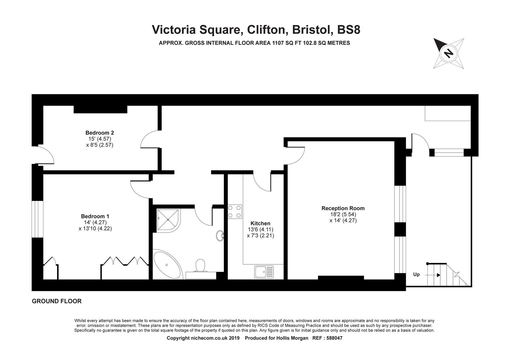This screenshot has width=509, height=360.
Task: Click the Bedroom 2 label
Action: coord(100,133)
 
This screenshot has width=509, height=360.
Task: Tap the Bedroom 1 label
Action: coord(95,216)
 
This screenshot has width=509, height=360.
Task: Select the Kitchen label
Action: coord(260,223)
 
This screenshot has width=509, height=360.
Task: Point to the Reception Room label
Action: coord(343,208)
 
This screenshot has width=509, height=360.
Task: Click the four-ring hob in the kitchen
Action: coord(235,211)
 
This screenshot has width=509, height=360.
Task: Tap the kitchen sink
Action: coord(264,272)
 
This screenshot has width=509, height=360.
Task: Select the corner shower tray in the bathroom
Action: coord(168,220)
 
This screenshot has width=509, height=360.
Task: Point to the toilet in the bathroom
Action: coord(200,266)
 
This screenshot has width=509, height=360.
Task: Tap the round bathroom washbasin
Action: coord(220,236)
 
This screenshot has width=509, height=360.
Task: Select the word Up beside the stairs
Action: coord(416,274)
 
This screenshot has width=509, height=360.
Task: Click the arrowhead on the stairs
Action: coord(439,275)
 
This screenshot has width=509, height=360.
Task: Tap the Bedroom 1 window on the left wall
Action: coord(38,219)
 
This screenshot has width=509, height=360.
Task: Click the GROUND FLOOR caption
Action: coord(57,301)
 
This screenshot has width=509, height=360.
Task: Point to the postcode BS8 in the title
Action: coord(349,30)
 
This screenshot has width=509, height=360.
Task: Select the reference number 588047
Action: coord(334,338)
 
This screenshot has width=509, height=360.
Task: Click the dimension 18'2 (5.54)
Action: coord(343,214)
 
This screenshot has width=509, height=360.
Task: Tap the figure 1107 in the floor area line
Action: coord(278,43)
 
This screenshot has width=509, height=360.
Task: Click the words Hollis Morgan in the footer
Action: coord(292,338)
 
